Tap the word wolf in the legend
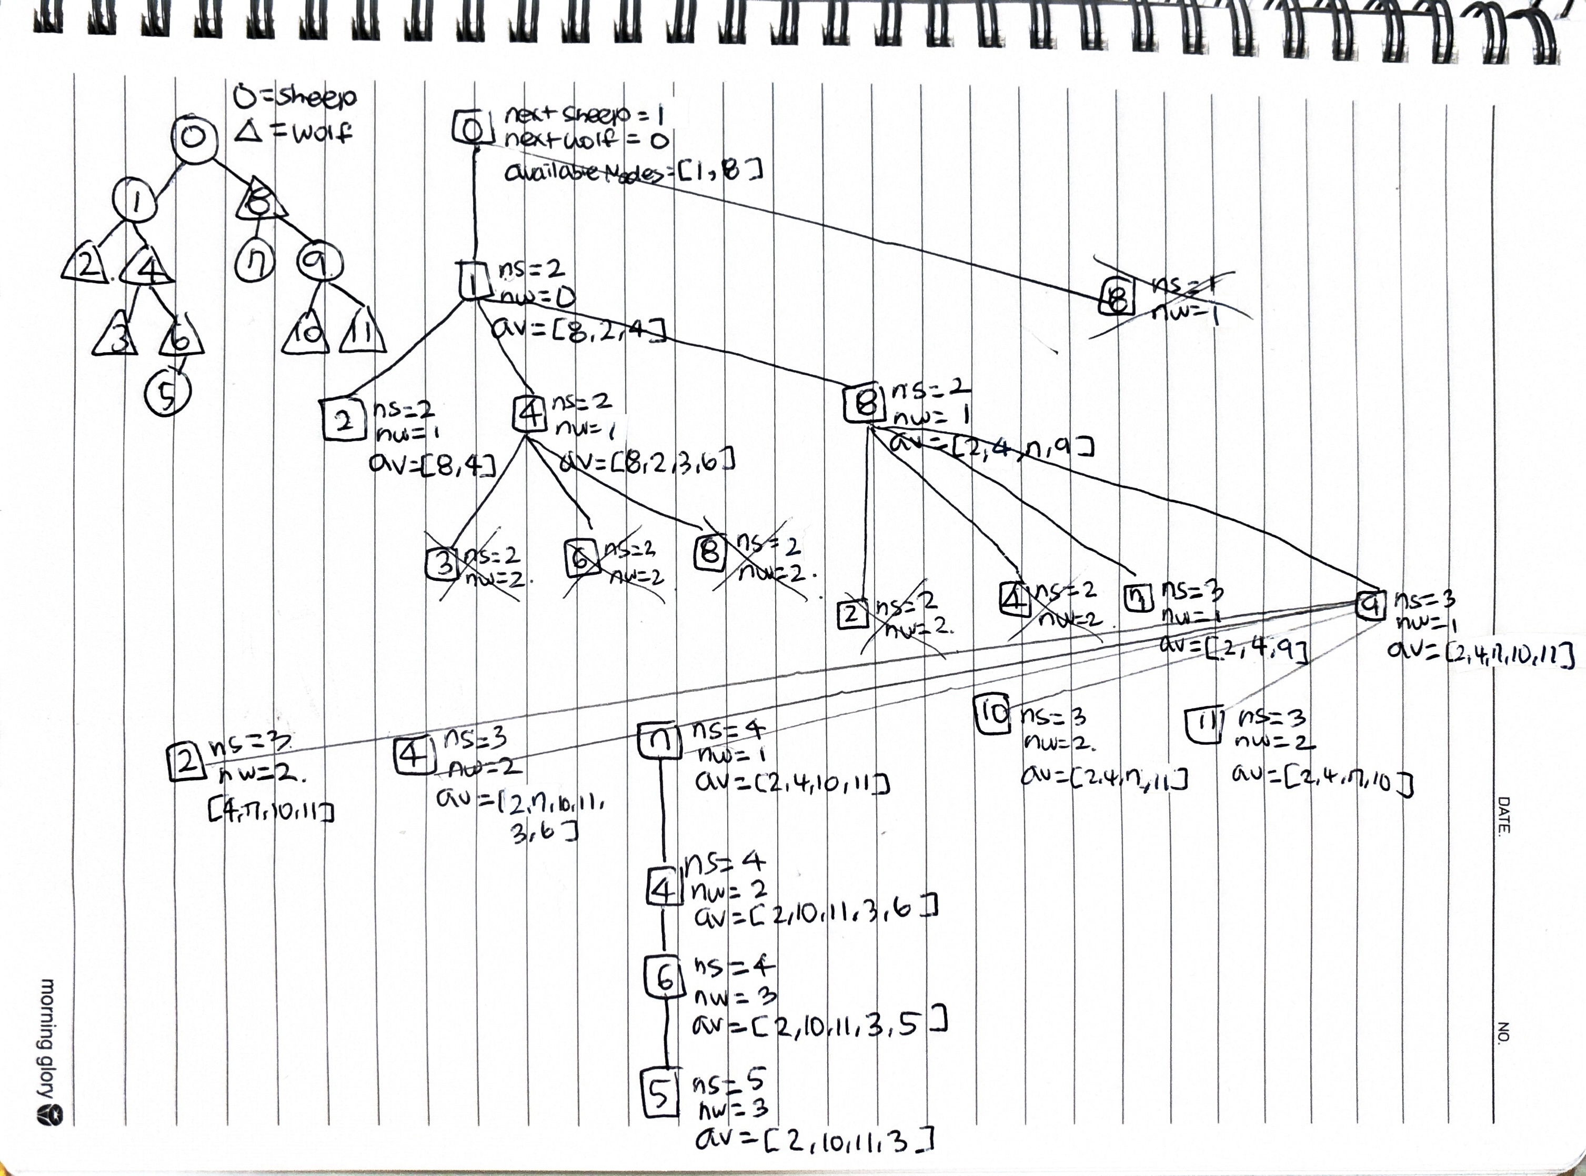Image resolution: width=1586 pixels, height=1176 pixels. pos(319,133)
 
